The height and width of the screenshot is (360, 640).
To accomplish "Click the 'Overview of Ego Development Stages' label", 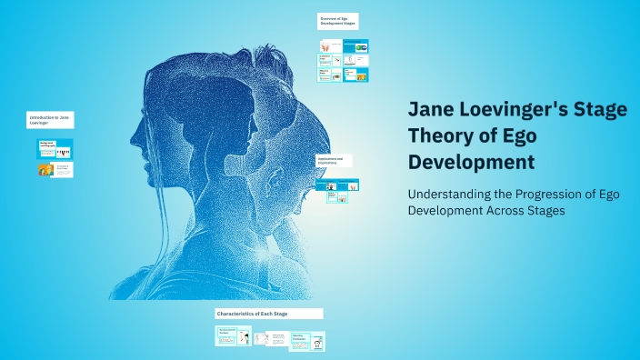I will click(338, 21).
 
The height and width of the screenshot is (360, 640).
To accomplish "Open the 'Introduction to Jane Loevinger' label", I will click(49, 121).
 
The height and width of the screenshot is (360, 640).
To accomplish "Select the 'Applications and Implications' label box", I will click(333, 161).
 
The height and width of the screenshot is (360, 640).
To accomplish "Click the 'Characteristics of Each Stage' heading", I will click(268, 314).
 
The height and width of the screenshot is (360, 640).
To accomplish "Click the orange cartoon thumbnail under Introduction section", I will click(45, 169).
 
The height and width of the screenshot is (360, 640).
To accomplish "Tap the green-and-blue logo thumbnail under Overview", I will click(361, 47).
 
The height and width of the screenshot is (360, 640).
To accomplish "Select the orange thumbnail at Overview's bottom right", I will click(361, 75).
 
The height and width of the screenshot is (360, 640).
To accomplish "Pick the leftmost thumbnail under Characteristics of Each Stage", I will click(234, 336).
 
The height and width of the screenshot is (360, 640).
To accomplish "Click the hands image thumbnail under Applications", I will click(332, 195).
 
